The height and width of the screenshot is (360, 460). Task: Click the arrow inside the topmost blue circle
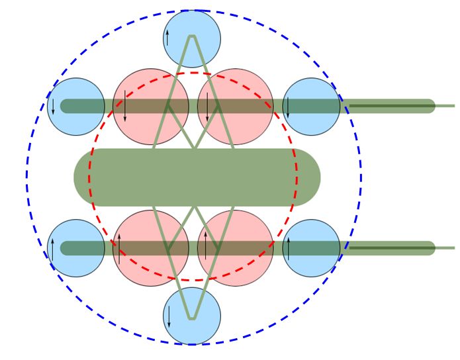coord(167,38)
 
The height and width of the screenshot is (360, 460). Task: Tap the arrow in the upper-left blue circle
coord(52,107)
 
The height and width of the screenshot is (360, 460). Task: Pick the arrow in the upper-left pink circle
coord(124,107)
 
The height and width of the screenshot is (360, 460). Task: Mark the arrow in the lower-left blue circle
coord(52,248)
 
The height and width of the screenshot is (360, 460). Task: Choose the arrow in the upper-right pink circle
coord(207,107)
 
